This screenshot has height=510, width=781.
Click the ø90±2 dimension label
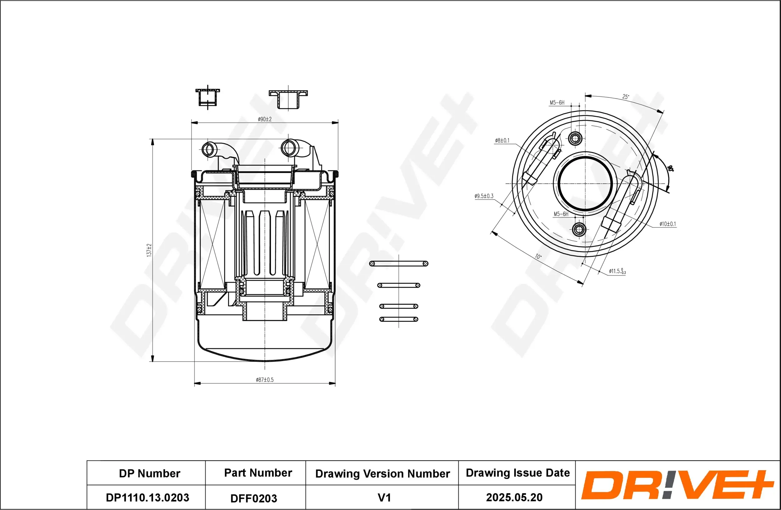tap(265, 119)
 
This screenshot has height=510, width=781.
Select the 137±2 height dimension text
tap(149, 250)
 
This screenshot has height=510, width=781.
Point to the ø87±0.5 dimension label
tap(265, 380)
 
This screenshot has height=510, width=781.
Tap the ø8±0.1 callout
tap(502, 140)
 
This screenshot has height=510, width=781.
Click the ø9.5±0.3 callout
tap(484, 196)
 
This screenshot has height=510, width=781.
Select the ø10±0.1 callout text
tap(668, 224)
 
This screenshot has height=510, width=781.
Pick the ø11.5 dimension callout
tap(617, 271)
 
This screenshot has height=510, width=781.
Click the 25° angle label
tap(625, 97)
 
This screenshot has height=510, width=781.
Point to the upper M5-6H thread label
tap(557, 103)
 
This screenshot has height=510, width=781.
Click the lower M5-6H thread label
tap(561, 214)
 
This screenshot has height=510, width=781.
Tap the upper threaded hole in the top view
tap(575, 138)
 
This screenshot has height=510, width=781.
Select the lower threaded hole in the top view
tap(579, 229)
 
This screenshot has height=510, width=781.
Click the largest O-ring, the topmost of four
tap(398, 263)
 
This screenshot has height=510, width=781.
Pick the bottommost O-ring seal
tap(398, 319)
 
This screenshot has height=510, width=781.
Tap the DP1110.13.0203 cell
tap(147, 498)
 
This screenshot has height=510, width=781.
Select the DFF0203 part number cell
tap(254, 498)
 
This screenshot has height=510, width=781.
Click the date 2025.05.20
tap(514, 498)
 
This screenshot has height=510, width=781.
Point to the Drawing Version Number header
tap(382, 473)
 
